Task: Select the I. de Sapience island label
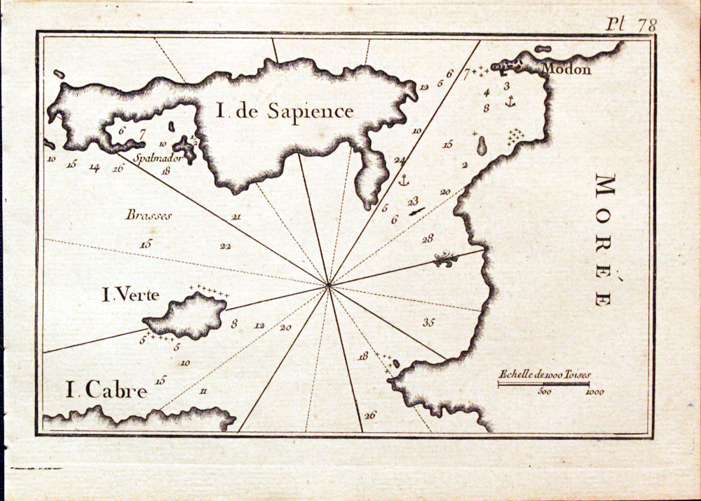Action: [x=284, y=111]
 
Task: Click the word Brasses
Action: [x=149, y=215]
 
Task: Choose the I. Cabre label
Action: [x=106, y=390]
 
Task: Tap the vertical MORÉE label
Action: [x=604, y=239]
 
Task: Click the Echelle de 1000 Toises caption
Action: [x=543, y=375]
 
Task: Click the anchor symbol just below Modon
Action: [x=510, y=102]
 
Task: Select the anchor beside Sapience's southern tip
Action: [x=403, y=181]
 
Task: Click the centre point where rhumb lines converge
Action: [x=329, y=284]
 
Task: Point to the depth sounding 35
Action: [x=429, y=322]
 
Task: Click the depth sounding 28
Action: [x=428, y=239]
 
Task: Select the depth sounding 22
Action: [x=225, y=246]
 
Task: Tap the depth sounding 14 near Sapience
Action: [x=94, y=167]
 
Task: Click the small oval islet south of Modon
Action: [x=482, y=146]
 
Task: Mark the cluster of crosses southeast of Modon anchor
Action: [x=517, y=134]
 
